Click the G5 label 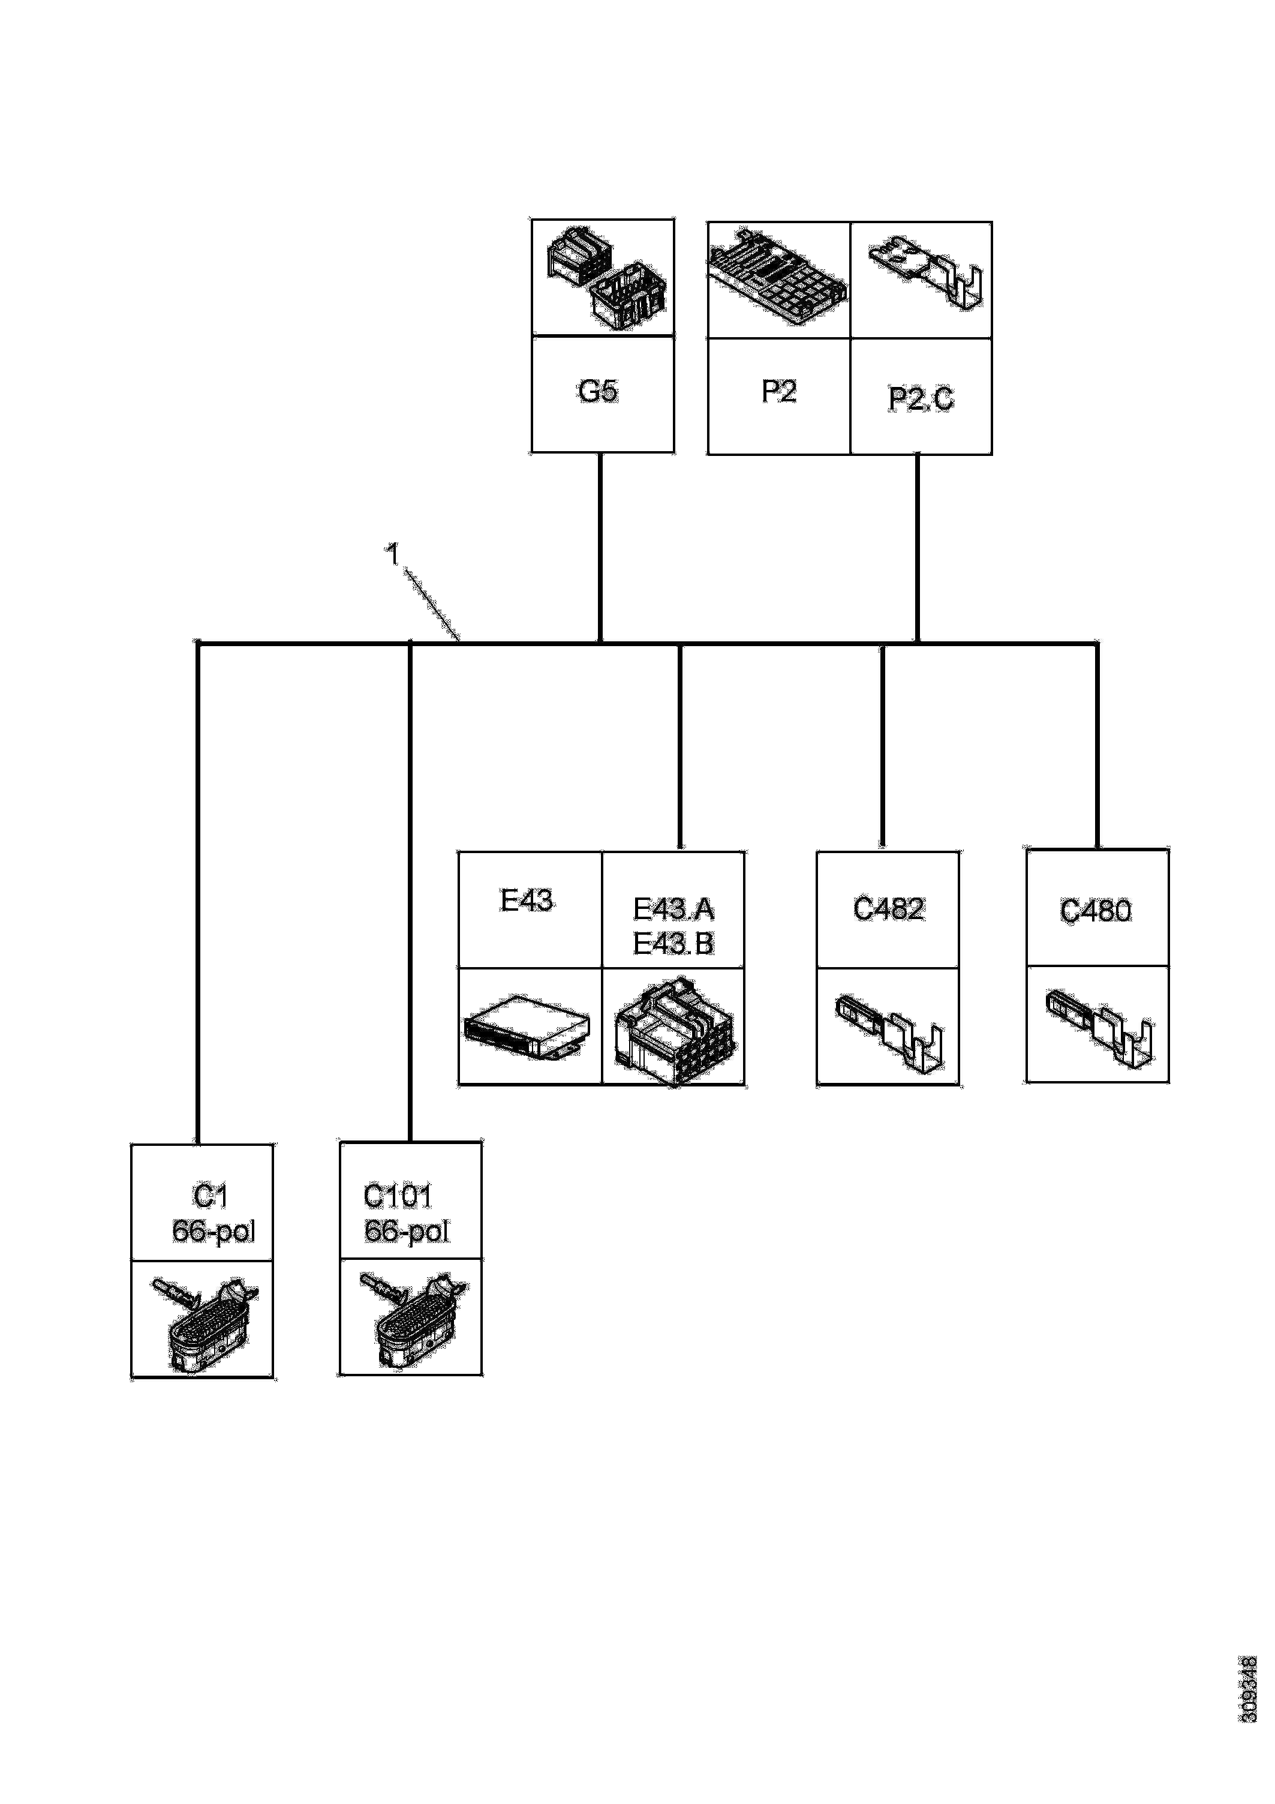(598, 391)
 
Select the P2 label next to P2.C (778, 391)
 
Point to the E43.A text (673, 909)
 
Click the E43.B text (673, 943)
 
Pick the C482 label (889, 909)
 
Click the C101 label (398, 1197)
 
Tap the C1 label (211, 1197)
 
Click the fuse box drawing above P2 (778, 279)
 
